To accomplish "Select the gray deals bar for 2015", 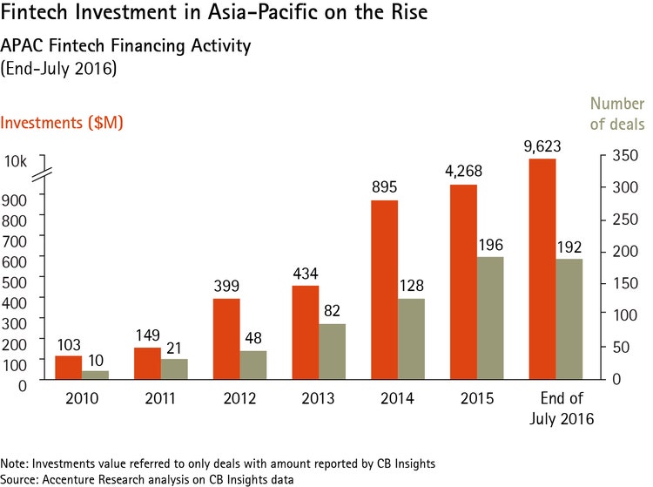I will coord(491,318).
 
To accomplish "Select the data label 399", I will coord(227,285).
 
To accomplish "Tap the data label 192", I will coord(569,246).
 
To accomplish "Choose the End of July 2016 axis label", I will coord(555,409).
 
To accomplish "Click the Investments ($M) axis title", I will coord(61,123).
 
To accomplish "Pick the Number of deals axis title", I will coord(616,114).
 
